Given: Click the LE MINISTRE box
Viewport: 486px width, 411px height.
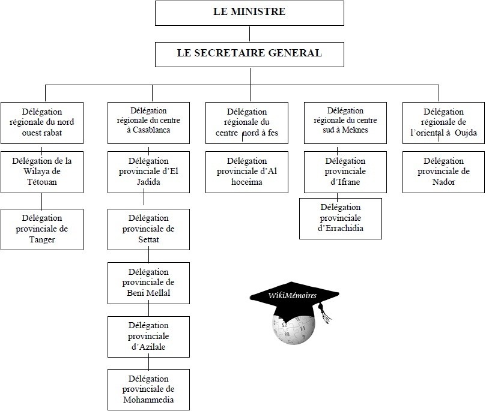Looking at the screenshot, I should click(249, 12).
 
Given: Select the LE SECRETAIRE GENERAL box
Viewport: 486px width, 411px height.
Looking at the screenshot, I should click(249, 53).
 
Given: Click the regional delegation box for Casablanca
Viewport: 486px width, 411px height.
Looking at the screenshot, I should click(149, 122).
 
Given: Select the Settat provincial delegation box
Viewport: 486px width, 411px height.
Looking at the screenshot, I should click(149, 229).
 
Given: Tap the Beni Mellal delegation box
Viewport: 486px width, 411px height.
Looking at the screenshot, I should click(149, 283).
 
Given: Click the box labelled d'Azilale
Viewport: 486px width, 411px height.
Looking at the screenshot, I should click(149, 337).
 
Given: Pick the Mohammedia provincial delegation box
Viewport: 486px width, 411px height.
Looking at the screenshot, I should click(149, 389).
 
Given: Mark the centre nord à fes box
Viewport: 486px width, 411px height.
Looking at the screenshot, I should click(247, 122).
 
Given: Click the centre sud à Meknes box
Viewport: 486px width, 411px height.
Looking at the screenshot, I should click(345, 122).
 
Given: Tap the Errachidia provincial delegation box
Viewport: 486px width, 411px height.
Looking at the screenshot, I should click(341, 218).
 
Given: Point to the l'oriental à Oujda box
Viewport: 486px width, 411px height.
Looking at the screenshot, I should click(443, 122).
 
